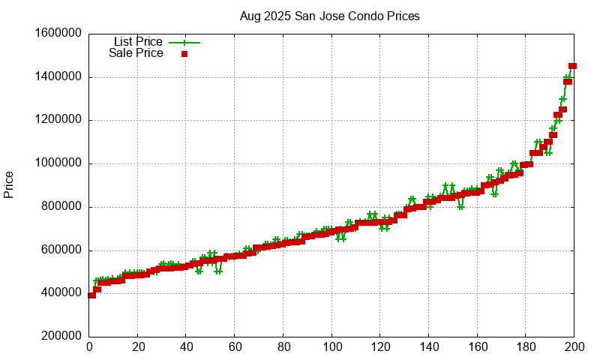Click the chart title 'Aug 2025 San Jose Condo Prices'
click(329, 16)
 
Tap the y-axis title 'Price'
click(9, 184)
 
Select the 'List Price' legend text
click(138, 41)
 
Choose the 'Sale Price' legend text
click(136, 53)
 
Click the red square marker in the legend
click(184, 53)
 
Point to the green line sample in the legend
click(184, 42)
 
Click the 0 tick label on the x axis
click(89, 347)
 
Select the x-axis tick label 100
click(331, 347)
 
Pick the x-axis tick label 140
click(428, 347)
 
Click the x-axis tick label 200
click(574, 347)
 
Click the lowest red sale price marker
click(92, 295)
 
